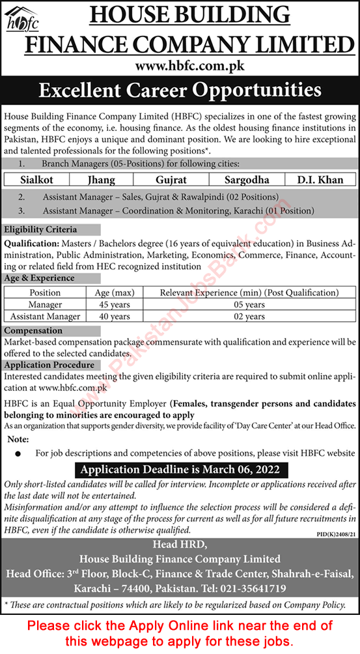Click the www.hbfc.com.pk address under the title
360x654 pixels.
[180, 66]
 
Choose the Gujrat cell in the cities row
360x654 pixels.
[165, 179]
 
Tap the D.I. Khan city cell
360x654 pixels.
[320, 179]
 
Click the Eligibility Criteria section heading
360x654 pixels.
[40, 229]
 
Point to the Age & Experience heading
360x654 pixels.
[39, 278]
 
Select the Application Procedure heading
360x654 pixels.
[49, 365]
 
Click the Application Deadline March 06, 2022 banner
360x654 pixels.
[180, 469]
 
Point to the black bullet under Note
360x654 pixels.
[18, 453]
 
